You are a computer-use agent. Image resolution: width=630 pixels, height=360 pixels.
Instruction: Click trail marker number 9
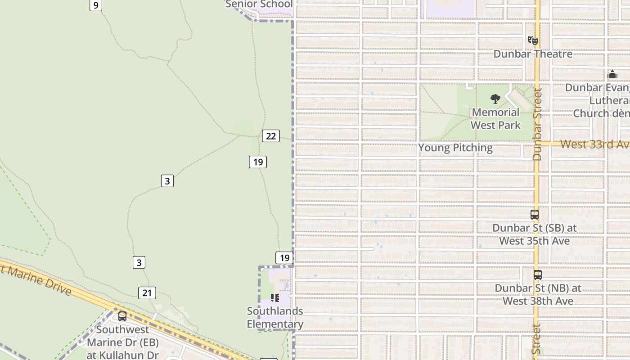[x=95, y=5]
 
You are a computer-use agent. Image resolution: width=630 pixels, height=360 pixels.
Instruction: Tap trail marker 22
[x=271, y=136]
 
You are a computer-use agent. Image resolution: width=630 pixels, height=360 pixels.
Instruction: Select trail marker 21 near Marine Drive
[x=147, y=293]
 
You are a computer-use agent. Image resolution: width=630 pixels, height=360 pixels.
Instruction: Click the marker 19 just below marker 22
[x=258, y=162]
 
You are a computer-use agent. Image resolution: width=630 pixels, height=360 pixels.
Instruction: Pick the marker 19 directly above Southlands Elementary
[x=284, y=258]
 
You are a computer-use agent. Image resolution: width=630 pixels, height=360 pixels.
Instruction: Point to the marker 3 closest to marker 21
[x=139, y=262]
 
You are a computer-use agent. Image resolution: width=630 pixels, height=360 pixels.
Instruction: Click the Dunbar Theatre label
[x=533, y=54]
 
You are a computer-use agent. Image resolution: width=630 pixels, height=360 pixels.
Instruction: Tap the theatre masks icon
[x=533, y=40]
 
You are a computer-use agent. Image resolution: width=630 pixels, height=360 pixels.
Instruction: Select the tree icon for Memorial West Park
[x=495, y=99]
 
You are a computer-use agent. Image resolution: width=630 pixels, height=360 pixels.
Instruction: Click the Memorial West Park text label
[x=495, y=119]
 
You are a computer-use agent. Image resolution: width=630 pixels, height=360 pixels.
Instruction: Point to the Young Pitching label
[x=455, y=148]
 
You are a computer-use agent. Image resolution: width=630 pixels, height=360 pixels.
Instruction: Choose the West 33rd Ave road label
[x=594, y=144]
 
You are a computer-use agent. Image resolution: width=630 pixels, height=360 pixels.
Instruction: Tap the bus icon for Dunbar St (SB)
[x=535, y=215]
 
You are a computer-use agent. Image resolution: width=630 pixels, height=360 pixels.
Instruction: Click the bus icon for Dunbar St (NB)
[x=537, y=275]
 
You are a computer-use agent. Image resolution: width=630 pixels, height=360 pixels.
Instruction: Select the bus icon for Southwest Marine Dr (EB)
[x=122, y=316]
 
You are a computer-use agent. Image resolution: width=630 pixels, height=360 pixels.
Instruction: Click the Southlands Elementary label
[x=275, y=318]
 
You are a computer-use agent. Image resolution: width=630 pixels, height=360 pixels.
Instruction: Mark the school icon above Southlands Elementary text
[x=275, y=298]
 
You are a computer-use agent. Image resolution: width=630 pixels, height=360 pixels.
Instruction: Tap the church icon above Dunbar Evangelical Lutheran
[x=612, y=74]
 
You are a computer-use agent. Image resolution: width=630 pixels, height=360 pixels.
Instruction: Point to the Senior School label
[x=259, y=4]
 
